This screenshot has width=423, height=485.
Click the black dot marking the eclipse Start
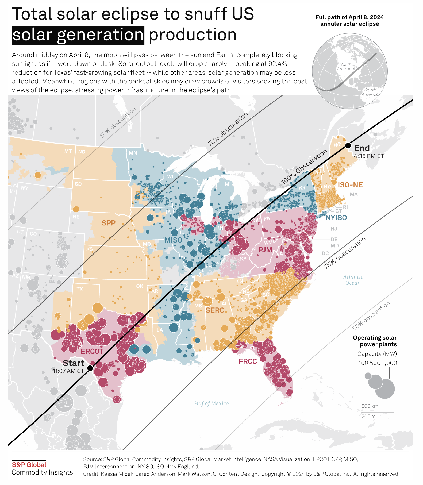(90, 368)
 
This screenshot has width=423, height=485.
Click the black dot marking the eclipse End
(348, 146)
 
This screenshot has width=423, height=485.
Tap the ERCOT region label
(92, 351)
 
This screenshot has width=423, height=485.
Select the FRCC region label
(248, 361)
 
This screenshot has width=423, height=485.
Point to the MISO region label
(173, 240)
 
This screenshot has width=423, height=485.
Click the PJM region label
(265, 250)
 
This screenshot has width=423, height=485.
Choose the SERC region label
(215, 310)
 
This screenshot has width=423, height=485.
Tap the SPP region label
(109, 223)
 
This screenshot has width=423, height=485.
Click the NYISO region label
(336, 218)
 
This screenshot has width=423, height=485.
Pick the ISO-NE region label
(350, 185)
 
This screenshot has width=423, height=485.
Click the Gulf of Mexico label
(211, 403)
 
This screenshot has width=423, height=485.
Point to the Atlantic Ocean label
(353, 280)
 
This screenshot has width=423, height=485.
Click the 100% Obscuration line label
(304, 167)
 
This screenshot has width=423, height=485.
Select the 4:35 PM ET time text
(369, 156)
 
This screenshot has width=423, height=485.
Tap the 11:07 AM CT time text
(68, 371)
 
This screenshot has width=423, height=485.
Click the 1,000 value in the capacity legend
(390, 363)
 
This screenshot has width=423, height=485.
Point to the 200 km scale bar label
(370, 406)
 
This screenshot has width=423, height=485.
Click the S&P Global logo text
(29, 465)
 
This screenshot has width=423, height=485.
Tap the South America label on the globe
(370, 92)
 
